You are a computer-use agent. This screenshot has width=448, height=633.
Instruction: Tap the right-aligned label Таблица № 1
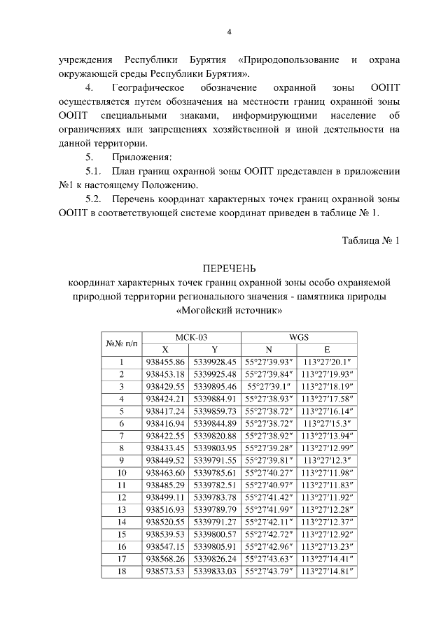tap(370, 240)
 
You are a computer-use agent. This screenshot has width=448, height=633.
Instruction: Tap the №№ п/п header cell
tap(122, 343)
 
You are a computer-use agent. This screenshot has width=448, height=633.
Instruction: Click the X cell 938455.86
tap(165, 362)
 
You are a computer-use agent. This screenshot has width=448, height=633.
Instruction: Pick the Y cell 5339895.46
tap(215, 386)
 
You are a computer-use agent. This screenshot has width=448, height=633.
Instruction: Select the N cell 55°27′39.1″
tap(269, 386)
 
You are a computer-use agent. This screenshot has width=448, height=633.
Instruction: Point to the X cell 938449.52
tap(165, 460)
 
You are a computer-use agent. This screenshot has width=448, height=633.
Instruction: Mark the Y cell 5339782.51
tap(215, 485)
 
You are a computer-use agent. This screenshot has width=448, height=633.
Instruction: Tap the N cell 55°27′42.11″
tap(269, 522)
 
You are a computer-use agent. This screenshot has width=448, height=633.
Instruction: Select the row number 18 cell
tap(122, 571)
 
